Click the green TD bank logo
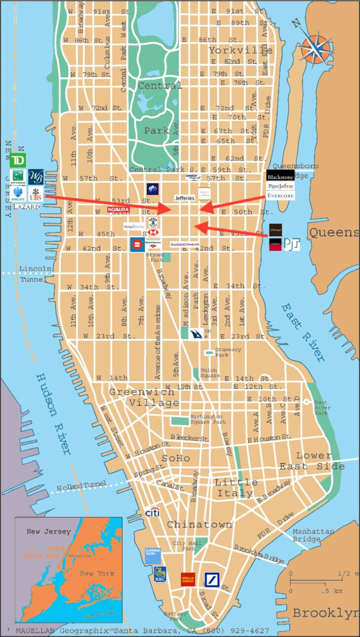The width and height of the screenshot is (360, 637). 17,161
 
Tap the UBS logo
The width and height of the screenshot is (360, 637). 36,194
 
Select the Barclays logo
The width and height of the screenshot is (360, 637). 17,193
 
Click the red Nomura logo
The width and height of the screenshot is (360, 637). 118,210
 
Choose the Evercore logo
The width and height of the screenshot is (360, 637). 280,196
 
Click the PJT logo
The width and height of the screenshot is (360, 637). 292,244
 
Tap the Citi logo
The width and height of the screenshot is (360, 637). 152,513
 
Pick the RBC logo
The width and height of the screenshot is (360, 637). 160,575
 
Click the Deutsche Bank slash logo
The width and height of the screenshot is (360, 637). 212,579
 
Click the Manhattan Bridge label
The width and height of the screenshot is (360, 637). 313,535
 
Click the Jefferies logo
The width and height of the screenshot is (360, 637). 184,198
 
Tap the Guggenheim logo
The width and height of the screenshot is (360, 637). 184,245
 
